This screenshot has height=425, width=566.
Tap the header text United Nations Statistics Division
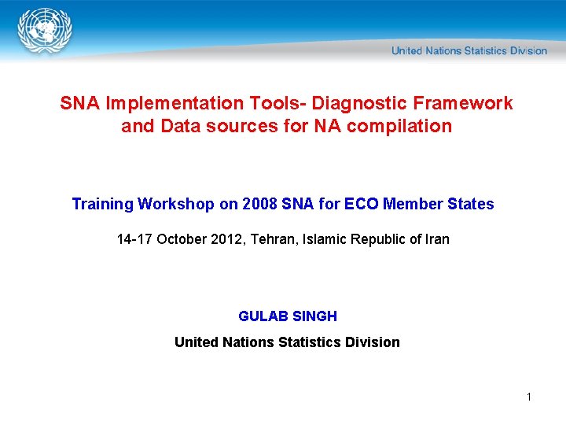coord(469,51)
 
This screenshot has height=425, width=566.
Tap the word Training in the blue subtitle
coord(102,205)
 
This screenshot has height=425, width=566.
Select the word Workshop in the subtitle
coord(176,205)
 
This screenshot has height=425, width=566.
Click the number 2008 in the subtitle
coord(259,205)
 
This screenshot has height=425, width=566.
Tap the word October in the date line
coord(182,239)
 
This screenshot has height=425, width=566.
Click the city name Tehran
coord(270,239)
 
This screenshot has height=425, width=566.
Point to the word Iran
coord(436,239)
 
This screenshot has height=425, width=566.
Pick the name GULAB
coord(263,316)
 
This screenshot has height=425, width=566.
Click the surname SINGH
coord(314,316)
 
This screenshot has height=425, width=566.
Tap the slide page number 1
coord(529,397)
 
